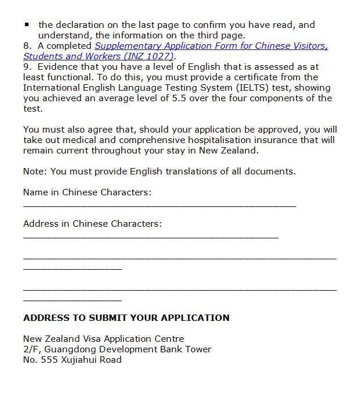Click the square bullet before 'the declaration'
click(x=27, y=25)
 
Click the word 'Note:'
click(x=35, y=172)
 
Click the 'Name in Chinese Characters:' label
click(x=87, y=192)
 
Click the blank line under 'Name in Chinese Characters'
click(x=160, y=206)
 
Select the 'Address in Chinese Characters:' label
click(x=92, y=224)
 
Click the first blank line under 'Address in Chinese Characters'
click(x=151, y=237)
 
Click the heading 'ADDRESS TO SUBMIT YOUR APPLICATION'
click(x=126, y=318)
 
